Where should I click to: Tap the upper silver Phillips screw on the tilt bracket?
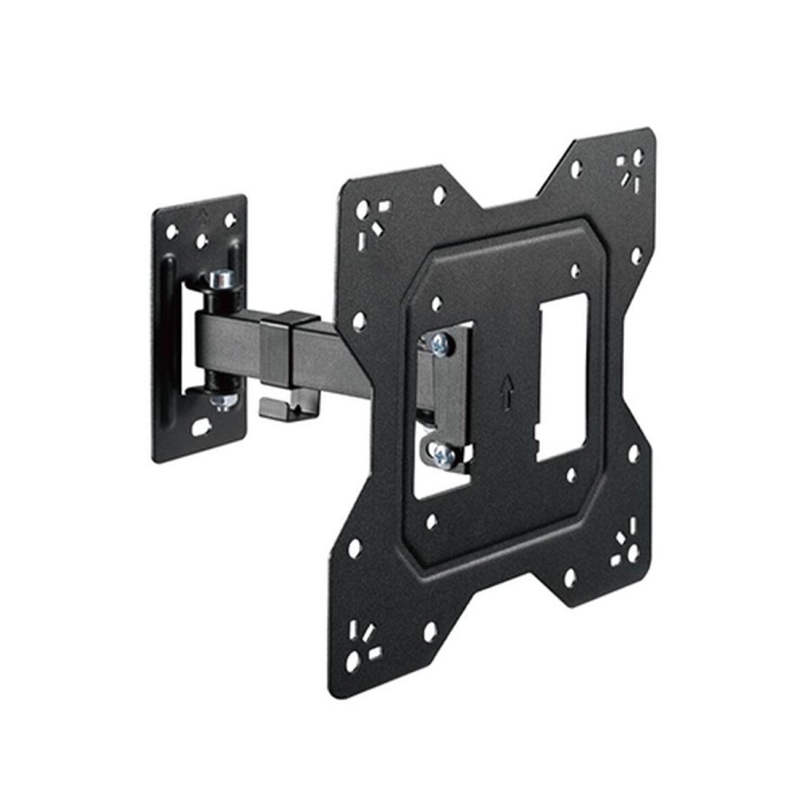tap(440, 342)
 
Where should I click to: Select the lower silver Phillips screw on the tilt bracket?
tap(442, 455)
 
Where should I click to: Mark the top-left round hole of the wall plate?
tap(171, 231)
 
